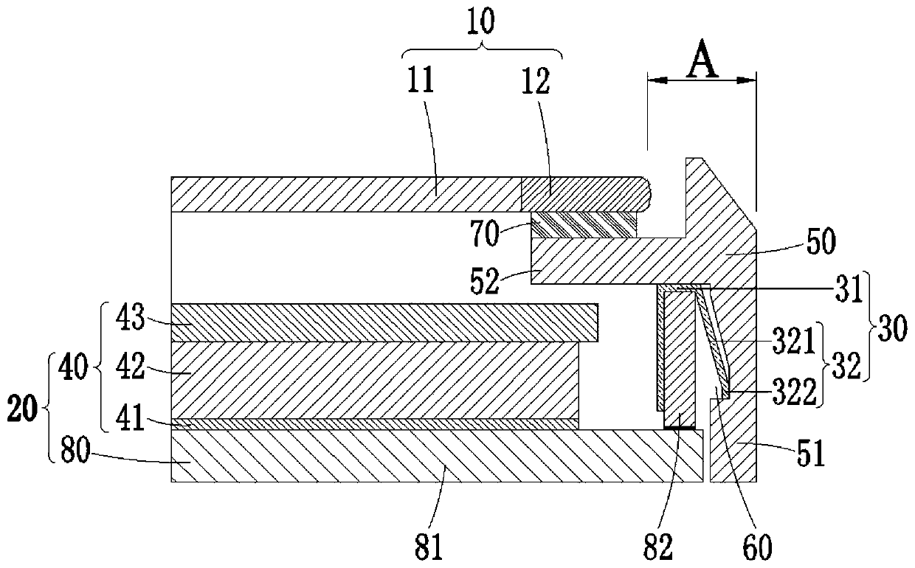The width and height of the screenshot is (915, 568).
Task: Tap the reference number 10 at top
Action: [483, 20]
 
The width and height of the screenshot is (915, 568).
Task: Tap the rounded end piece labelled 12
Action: [583, 194]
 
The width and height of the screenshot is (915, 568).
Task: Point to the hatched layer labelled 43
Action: [384, 322]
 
